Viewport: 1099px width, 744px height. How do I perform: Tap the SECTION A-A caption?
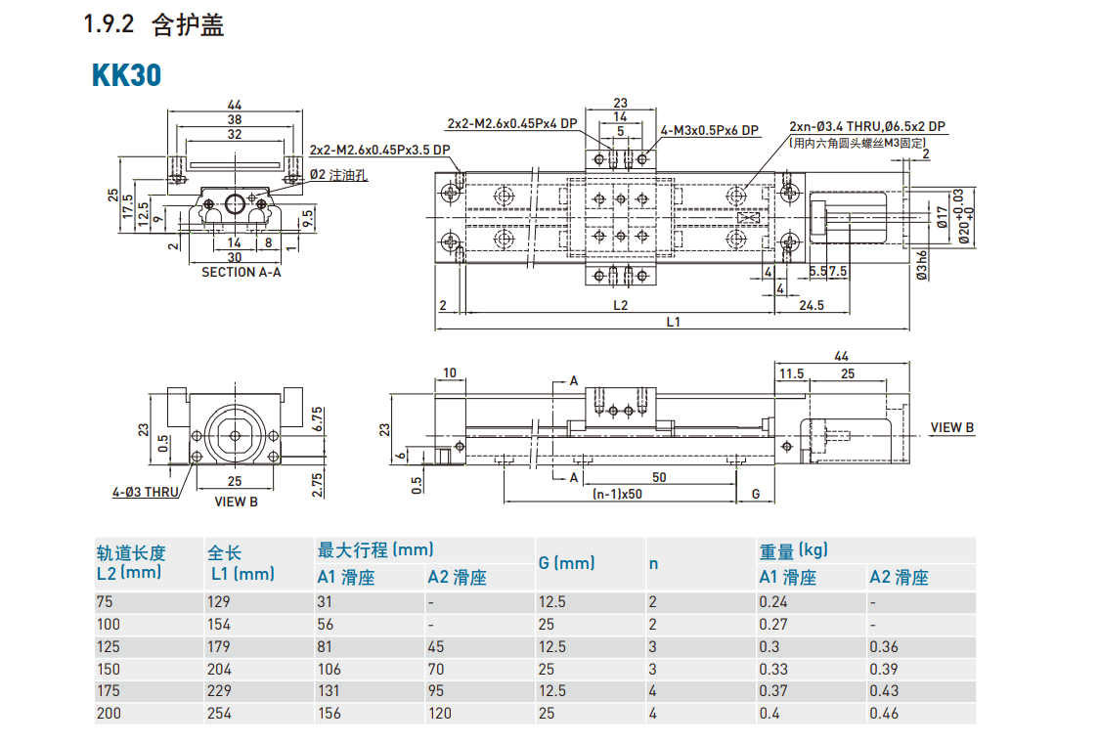pyautogui.click(x=241, y=273)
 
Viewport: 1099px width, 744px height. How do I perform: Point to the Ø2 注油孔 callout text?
pyautogui.click(x=338, y=175)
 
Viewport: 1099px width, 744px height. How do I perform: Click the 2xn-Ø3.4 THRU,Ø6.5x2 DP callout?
pyautogui.click(x=867, y=127)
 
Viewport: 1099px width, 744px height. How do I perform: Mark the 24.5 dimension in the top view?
pyautogui.click(x=812, y=305)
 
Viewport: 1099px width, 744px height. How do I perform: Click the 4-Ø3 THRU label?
pyautogui.click(x=145, y=492)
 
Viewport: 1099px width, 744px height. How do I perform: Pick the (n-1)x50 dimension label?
pyautogui.click(x=617, y=494)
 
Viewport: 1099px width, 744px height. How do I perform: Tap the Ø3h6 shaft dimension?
pyautogui.click(x=921, y=265)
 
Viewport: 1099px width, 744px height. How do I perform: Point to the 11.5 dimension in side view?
pyautogui.click(x=790, y=373)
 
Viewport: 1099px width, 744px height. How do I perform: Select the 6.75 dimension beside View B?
pyautogui.click(x=318, y=417)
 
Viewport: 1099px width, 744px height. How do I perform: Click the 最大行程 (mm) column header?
pyautogui.click(x=375, y=549)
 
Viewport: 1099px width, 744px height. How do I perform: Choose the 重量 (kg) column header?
pyautogui.click(x=793, y=549)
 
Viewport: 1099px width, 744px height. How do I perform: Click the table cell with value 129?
pyautogui.click(x=219, y=602)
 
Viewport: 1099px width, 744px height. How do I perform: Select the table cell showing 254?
pyautogui.click(x=219, y=714)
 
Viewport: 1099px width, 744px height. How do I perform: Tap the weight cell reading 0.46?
pyautogui.click(x=884, y=714)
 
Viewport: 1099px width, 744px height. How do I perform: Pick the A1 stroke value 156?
pyautogui.click(x=330, y=714)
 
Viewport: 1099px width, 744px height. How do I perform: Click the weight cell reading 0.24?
pyautogui.click(x=773, y=602)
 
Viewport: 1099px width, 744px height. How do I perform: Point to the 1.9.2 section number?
pyautogui.click(x=108, y=26)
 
